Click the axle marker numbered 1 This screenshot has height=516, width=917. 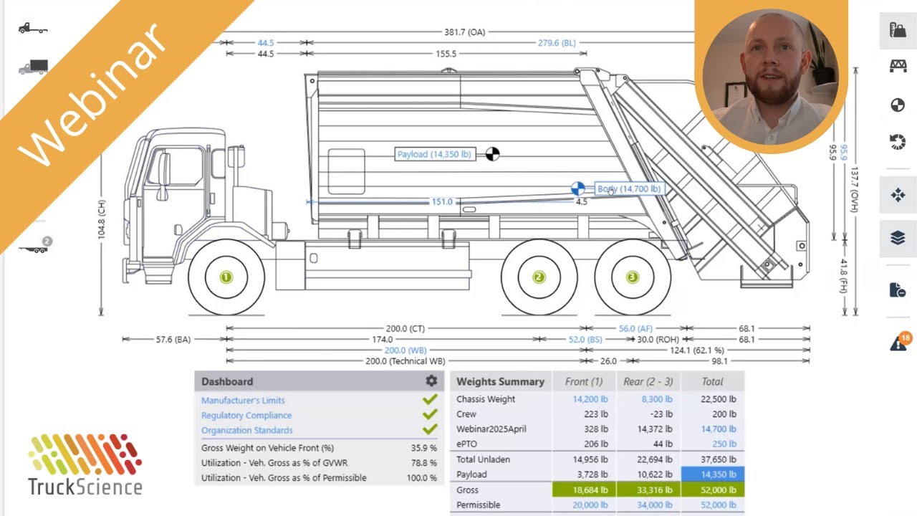pos(226,277)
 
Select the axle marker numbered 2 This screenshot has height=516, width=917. pos(539,277)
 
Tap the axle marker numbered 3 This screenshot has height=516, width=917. pos(632,277)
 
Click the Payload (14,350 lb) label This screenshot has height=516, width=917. pos(434,154)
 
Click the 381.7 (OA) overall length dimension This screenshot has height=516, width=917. pos(464,32)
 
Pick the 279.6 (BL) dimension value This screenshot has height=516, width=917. pos(557,43)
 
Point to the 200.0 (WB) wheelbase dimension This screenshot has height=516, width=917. pos(405,350)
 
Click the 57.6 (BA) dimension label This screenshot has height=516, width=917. pos(173,340)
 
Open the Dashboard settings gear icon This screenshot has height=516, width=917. pos(431,381)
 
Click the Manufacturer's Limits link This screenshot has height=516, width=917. pos(243,401)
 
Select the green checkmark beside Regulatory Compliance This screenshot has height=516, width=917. pos(430,415)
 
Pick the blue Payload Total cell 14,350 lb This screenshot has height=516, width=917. pos(712,474)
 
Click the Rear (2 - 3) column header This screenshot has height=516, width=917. pos(648,382)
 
